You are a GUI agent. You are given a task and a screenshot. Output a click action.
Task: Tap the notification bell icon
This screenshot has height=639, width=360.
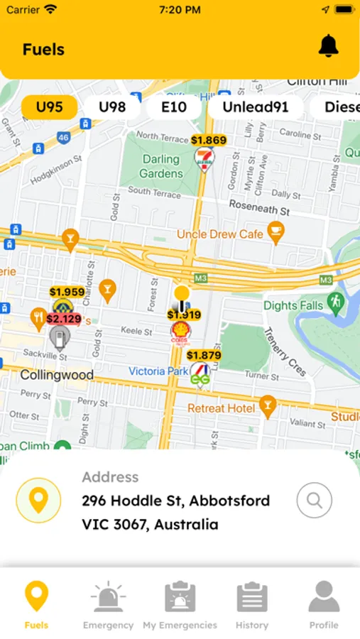pyautogui.click(x=328, y=47)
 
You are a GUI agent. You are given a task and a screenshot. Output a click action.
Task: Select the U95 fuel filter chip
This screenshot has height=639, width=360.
pyautogui.click(x=50, y=107)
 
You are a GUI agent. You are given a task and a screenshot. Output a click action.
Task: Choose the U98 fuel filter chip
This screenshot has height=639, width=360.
pyautogui.click(x=111, y=107)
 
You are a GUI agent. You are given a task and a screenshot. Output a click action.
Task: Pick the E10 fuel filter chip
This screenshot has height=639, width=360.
pyautogui.click(x=173, y=107)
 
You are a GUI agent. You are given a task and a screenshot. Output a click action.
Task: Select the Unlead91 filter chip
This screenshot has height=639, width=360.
pyautogui.click(x=256, y=107)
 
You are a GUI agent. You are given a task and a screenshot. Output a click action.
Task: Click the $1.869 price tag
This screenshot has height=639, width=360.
pyautogui.click(x=209, y=141)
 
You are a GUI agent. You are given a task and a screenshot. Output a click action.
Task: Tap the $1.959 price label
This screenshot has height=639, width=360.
pyautogui.click(x=67, y=292)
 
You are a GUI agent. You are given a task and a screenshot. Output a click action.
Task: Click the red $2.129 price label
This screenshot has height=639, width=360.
pyautogui.click(x=64, y=319)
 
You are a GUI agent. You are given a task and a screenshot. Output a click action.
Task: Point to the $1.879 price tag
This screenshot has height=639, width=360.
pyautogui.click(x=204, y=355)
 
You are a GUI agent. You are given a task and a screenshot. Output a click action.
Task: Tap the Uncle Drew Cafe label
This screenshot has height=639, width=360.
pyautogui.click(x=219, y=234)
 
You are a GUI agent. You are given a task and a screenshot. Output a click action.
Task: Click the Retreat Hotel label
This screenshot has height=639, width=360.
pyautogui.click(x=221, y=408)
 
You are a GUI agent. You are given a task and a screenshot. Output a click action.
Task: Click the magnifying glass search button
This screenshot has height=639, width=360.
pyautogui.click(x=314, y=501)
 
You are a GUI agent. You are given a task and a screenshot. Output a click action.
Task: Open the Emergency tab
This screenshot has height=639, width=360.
pyautogui.click(x=108, y=604)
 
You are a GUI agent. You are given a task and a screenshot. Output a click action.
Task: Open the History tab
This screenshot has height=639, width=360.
pyautogui.click(x=252, y=604)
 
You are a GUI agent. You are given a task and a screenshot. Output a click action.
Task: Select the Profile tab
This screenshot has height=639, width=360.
pyautogui.click(x=324, y=604)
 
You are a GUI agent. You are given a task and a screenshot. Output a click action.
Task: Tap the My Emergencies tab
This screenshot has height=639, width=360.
pyautogui.click(x=180, y=604)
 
